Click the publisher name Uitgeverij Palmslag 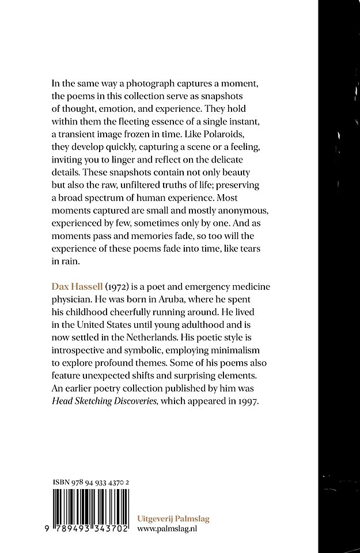pyautogui.click(x=173, y=518)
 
